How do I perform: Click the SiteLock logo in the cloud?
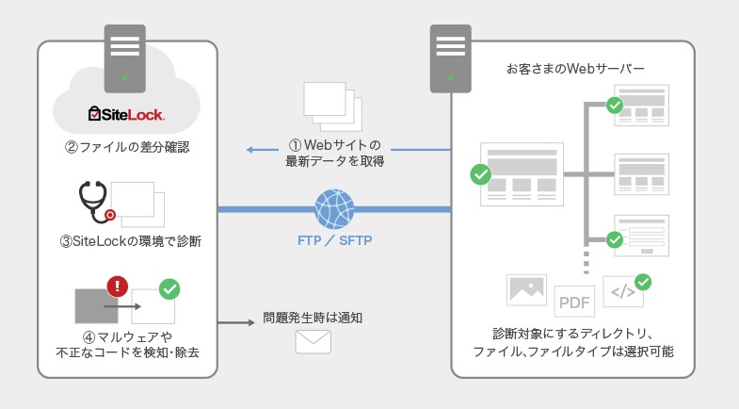[126, 115]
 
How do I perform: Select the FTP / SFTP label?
[334, 240]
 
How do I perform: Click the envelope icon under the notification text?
[313, 341]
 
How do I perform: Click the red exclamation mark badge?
[118, 285]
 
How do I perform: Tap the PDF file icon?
[574, 303]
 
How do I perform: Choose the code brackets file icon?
[622, 292]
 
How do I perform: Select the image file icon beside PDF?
[526, 289]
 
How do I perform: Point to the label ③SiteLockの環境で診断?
[130, 241]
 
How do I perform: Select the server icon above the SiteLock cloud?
[125, 54]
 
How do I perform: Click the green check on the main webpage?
[481, 174]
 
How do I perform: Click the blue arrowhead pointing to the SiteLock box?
[250, 150]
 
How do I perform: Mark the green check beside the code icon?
[644, 281]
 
